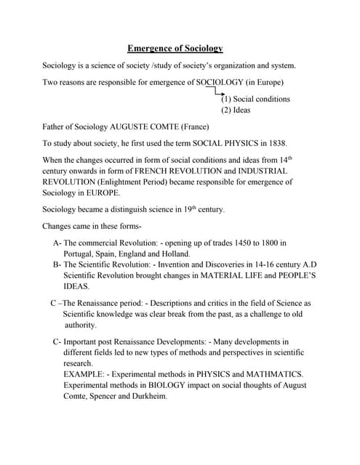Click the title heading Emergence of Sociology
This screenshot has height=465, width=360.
[175, 49]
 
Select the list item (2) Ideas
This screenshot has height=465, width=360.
[237, 110]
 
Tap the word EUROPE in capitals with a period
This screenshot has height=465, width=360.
[101, 193]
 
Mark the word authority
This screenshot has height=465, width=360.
[81, 325]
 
